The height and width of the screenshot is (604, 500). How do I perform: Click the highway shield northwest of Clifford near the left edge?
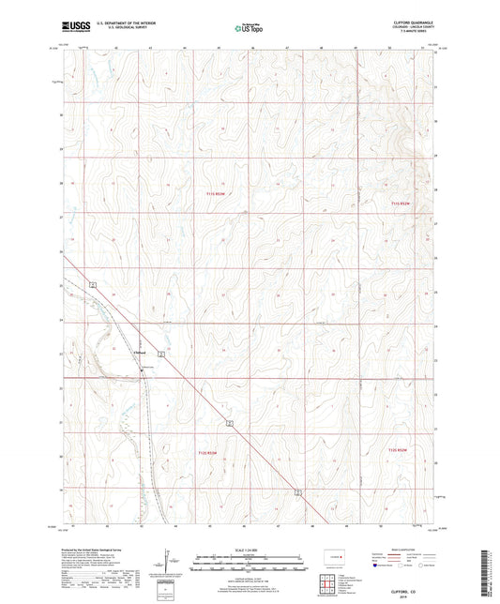coord(93,283)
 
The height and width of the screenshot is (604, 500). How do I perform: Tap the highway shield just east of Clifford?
coord(161,355)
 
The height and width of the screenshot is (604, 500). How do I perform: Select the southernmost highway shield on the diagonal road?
coord(298,491)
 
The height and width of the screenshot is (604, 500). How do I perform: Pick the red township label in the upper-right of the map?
coord(401,203)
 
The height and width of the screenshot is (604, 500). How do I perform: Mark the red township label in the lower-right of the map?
coord(400,453)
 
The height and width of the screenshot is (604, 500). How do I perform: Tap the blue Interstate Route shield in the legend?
coord(377,566)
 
